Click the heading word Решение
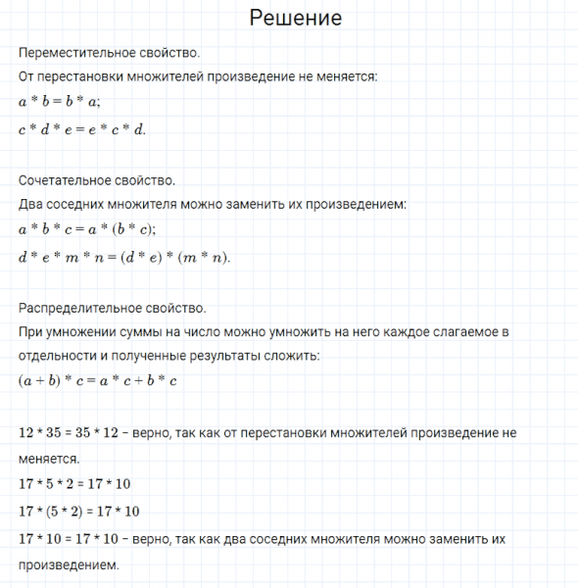(296, 18)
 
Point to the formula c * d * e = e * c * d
(82, 128)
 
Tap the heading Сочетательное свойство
(96, 180)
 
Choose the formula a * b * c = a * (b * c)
(87, 230)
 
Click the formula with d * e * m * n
(125, 257)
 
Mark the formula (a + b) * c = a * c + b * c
(97, 380)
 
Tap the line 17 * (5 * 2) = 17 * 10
(78, 512)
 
